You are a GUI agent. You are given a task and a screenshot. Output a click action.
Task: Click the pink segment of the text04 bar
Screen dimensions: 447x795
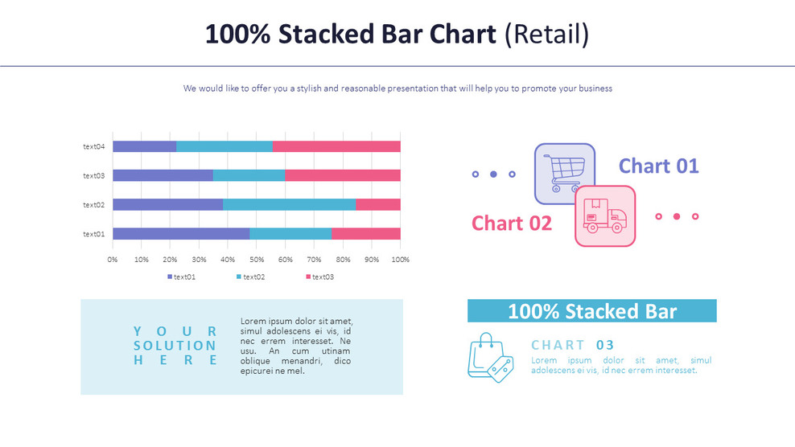click(336, 146)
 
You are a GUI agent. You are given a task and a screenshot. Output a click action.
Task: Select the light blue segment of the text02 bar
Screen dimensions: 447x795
click(289, 205)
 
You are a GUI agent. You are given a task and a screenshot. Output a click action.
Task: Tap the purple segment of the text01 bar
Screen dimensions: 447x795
click(181, 234)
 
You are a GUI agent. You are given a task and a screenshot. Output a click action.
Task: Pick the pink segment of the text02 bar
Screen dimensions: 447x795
click(378, 205)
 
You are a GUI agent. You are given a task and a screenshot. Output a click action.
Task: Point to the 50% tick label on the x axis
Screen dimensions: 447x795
click(257, 260)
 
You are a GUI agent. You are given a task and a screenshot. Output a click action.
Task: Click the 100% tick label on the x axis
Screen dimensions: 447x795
click(400, 260)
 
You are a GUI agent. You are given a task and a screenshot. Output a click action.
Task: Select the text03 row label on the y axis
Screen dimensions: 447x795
click(94, 175)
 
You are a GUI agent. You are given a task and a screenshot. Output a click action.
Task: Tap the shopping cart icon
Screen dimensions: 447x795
click(564, 172)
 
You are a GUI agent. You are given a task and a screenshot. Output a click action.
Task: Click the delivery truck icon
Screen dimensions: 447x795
click(605, 215)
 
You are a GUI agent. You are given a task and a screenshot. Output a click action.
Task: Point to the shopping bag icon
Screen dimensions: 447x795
click(489, 358)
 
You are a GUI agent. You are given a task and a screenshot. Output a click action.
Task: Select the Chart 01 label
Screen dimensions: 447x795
click(658, 166)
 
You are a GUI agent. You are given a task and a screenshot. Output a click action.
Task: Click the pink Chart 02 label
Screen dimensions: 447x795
click(512, 223)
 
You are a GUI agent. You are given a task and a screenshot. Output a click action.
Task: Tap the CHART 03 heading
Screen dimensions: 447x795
click(572, 345)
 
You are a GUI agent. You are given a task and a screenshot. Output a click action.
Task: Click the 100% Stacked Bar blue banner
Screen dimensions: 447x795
click(591, 311)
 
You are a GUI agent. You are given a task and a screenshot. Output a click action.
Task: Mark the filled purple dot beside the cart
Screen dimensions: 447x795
click(493, 174)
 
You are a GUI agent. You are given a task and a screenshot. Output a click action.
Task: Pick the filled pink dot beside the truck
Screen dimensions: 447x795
click(677, 216)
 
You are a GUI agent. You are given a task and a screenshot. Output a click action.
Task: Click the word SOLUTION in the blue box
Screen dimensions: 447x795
click(175, 346)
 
